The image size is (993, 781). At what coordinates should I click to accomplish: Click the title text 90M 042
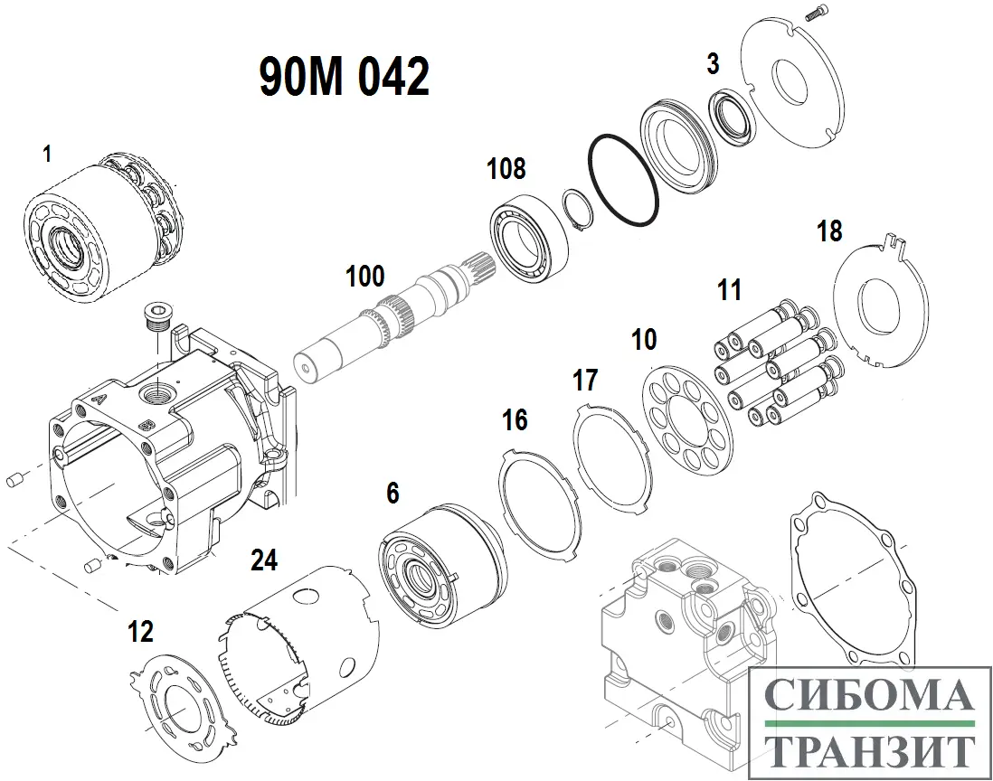[x=345, y=76]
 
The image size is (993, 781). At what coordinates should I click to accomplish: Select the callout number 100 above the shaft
[x=364, y=276]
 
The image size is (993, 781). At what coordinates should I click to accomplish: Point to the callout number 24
[x=263, y=560]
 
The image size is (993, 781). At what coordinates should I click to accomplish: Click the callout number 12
[x=140, y=631]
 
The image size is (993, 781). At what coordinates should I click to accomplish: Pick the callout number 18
[x=829, y=231]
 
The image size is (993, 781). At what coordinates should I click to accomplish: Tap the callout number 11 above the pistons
[x=729, y=290]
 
